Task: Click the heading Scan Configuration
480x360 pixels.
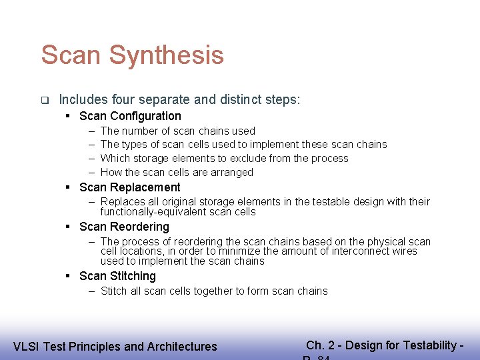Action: pos(130,116)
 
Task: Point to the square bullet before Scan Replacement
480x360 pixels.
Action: pos(69,187)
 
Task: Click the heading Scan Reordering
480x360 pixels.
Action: pos(124,227)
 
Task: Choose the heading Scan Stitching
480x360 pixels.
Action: pos(117,276)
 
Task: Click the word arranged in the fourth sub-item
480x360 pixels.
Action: pos(231,172)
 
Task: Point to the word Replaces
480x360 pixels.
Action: pos(121,201)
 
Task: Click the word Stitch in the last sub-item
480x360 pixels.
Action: pos(114,291)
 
